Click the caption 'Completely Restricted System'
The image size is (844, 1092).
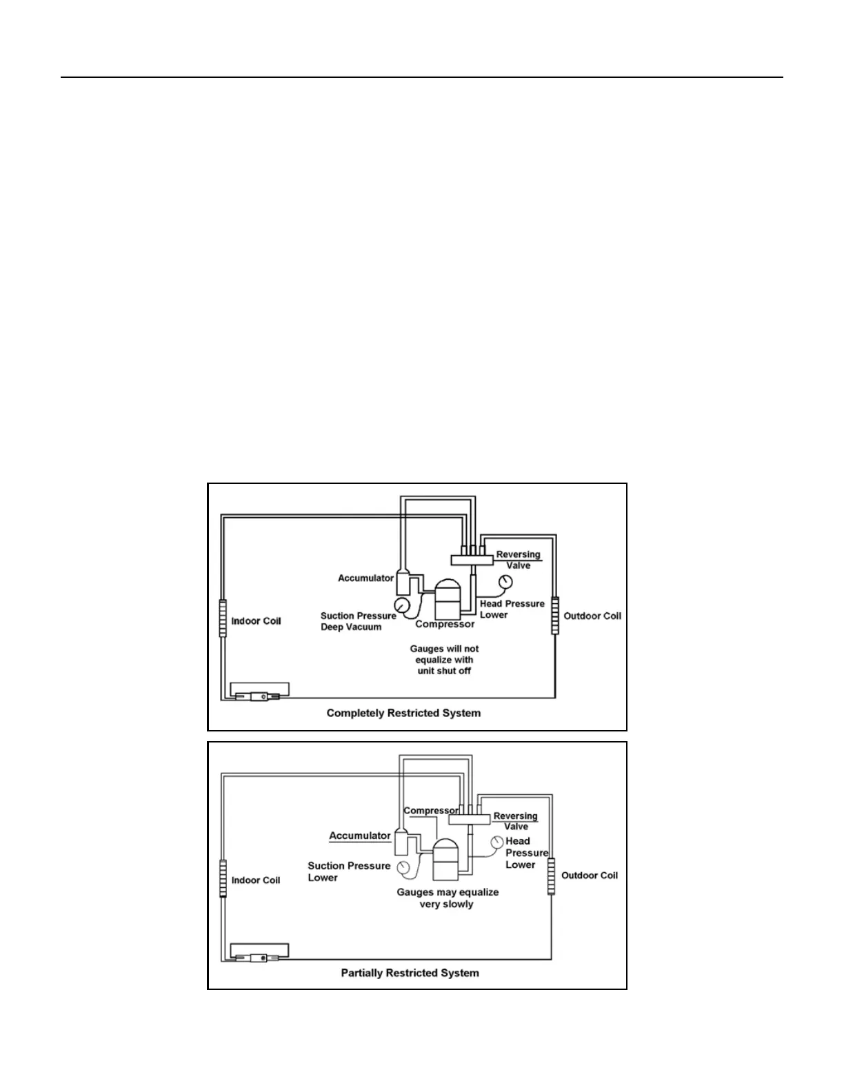403,713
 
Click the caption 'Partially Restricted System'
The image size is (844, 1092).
410,973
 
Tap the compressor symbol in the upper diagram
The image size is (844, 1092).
448,599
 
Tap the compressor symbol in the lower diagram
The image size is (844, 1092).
445,859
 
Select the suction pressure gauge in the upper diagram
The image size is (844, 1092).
401,606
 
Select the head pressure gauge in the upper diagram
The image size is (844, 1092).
506,583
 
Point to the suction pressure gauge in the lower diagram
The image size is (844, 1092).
403,866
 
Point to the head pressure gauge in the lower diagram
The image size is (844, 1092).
496,842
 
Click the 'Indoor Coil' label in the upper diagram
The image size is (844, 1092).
256,621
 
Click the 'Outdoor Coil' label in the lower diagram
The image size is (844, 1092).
590,876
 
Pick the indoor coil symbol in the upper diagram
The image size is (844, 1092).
223,618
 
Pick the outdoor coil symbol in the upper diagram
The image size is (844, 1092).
554,616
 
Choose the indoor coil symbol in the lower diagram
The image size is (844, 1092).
223,878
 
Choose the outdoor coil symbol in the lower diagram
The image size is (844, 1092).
551,876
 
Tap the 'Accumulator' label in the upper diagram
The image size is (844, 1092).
365,578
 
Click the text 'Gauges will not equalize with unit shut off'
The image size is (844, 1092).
444,660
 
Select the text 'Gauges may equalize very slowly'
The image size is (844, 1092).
448,898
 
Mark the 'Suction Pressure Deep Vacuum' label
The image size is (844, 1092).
359,621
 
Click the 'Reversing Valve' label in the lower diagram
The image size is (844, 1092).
516,821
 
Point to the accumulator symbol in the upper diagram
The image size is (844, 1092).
403,583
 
